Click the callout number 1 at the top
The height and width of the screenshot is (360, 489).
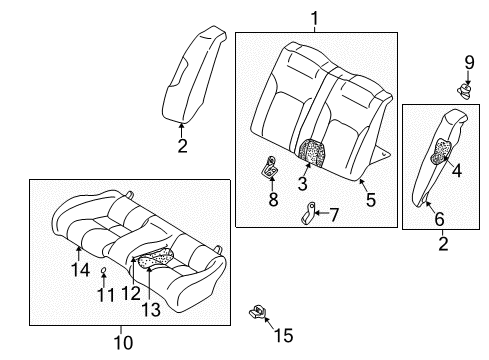[x=314, y=17]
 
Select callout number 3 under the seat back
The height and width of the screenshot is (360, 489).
[x=302, y=182]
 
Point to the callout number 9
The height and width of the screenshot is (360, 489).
[x=469, y=65]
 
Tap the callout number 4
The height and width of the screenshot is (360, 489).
[x=457, y=171]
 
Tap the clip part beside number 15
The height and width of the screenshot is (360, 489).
[x=257, y=313]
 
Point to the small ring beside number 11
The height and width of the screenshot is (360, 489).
[x=105, y=271]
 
